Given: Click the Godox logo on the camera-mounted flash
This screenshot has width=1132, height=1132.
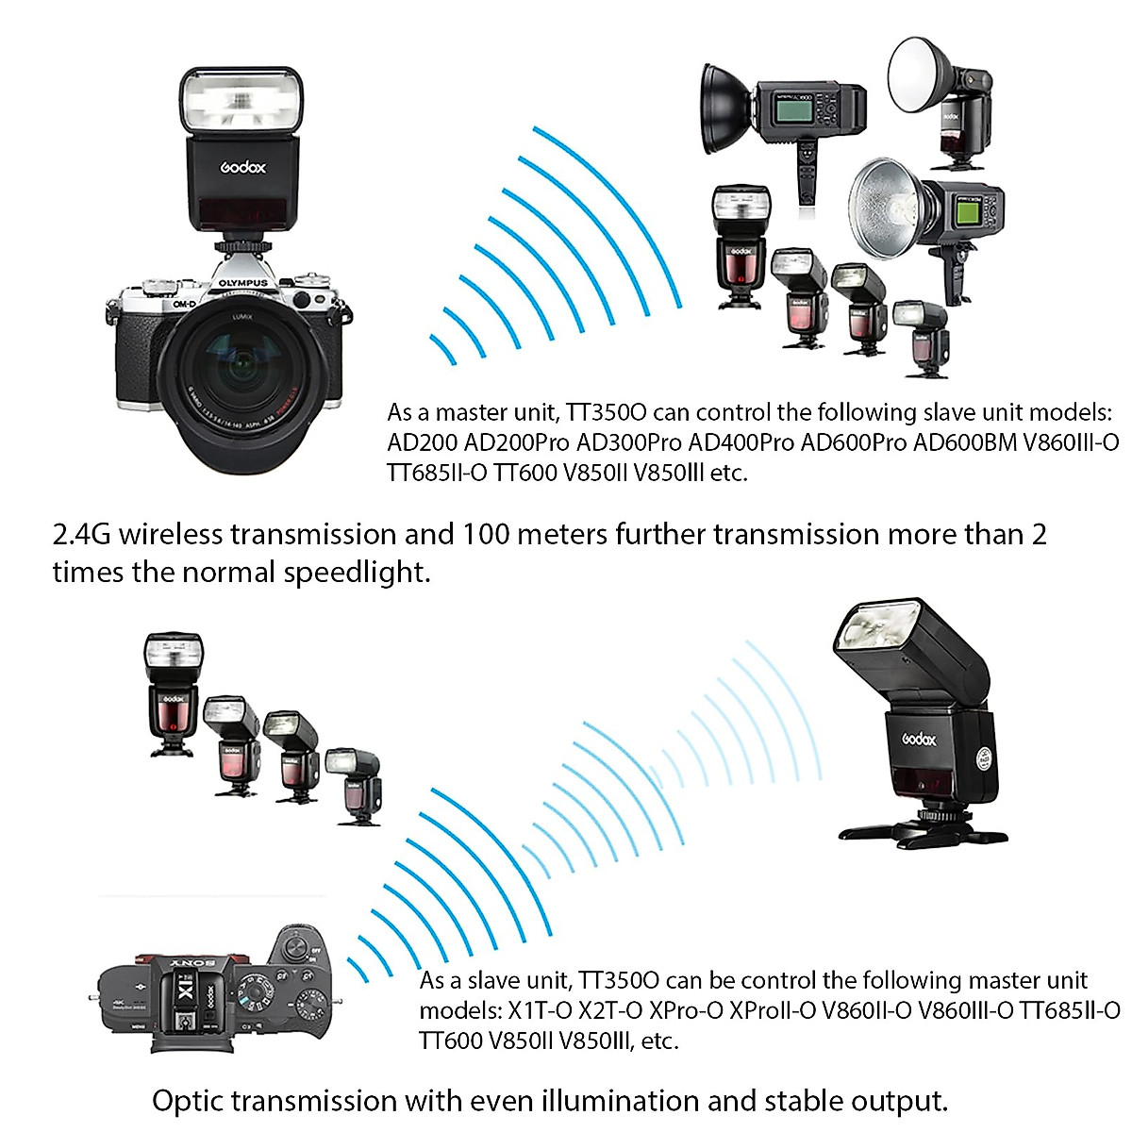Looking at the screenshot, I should [x=243, y=167].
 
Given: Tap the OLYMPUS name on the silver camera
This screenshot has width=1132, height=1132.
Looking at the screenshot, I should [x=243, y=282].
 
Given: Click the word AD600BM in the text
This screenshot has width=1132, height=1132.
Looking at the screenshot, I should [x=965, y=442].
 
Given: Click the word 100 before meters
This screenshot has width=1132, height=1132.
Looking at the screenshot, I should [x=486, y=535].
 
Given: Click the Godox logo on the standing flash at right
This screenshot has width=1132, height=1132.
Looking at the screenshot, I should [x=920, y=740].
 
